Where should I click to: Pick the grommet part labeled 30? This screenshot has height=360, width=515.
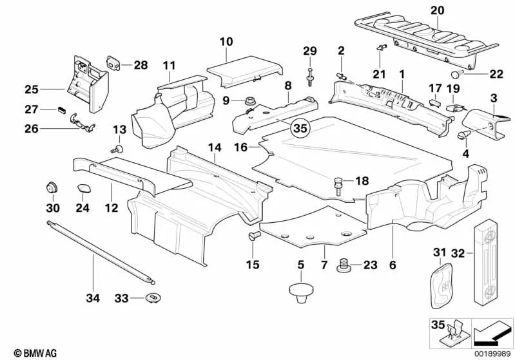pyautogui.click(x=50, y=188)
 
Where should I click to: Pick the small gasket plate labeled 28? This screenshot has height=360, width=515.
pyautogui.click(x=115, y=62)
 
